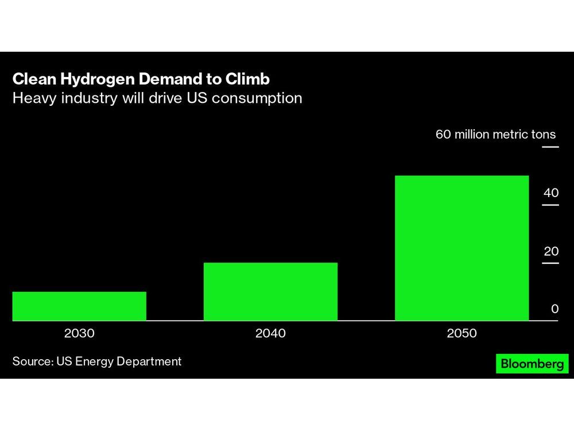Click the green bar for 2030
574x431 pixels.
(79, 306)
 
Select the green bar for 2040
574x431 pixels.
(270, 291)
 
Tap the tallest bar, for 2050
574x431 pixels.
(461, 248)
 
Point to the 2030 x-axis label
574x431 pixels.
(79, 333)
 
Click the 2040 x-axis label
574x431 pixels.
(270, 333)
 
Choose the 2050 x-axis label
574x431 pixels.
(461, 333)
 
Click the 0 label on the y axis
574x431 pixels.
(554, 309)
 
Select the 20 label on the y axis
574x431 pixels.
(551, 251)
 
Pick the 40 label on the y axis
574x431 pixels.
(551, 193)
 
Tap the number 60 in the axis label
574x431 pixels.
(444, 134)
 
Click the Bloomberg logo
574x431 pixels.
(532, 364)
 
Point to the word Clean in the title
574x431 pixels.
(32, 79)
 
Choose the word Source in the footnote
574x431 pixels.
(32, 361)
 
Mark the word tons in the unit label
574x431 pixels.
(543, 134)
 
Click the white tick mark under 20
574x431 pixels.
(550, 263)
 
